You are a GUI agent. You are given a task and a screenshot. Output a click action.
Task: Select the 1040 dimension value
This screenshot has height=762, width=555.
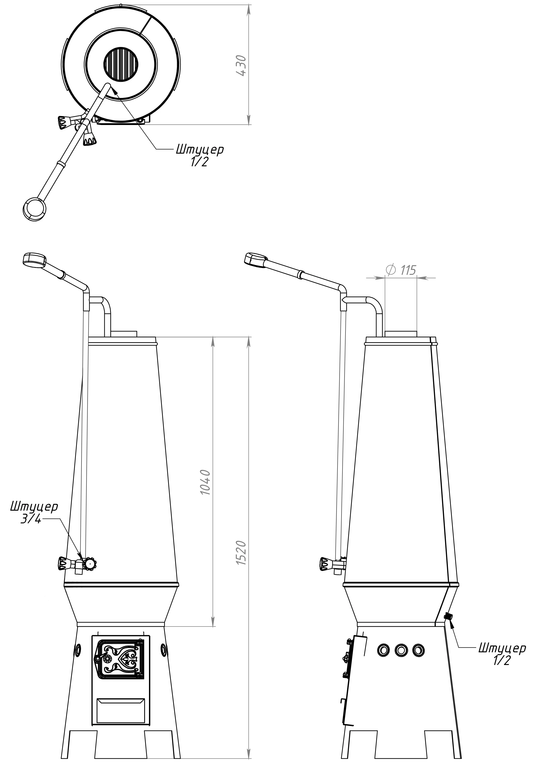tap(205, 482)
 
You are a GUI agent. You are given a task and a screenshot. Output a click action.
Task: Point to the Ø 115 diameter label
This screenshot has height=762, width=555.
tap(401, 270)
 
